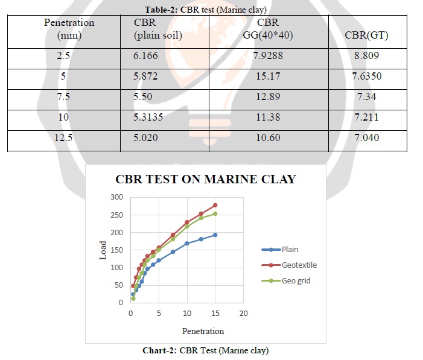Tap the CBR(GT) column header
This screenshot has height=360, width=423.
[366, 35]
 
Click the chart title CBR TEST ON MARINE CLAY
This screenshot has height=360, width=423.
[205, 178]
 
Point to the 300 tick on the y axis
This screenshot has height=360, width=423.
[116, 197]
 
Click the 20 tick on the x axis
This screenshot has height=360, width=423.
[243, 313]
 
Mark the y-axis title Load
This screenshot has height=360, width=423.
[103, 250]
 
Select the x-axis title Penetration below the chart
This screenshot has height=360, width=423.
[203, 331]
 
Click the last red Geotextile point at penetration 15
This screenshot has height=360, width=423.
[215, 205]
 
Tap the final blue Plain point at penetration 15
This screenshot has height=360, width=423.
[215, 235]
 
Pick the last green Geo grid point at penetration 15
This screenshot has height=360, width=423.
[215, 213]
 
